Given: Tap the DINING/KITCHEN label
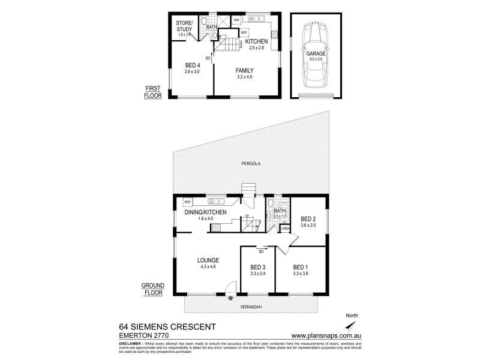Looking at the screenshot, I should [205, 212].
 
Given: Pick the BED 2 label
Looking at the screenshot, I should [308, 218].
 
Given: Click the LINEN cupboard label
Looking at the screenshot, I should [285, 229].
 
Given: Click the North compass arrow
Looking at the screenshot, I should [352, 325].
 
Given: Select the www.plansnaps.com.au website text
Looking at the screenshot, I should [325, 335].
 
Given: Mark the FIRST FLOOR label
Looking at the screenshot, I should [154, 91].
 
